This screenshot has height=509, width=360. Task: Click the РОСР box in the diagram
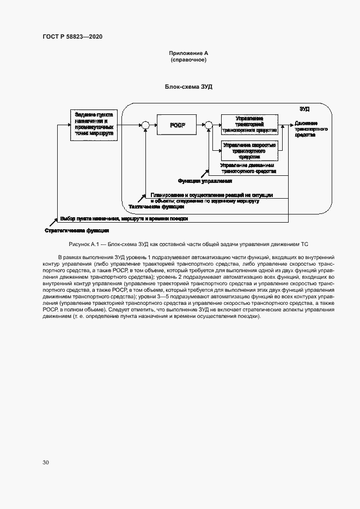pyautogui.click(x=178, y=125)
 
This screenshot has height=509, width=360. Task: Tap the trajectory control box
pyautogui.click(x=249, y=124)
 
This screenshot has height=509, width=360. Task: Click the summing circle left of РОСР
pyautogui.click(x=145, y=126)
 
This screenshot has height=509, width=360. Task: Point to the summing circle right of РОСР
pyautogui.click(x=208, y=126)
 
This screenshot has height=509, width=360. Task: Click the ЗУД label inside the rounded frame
pyautogui.click(x=304, y=109)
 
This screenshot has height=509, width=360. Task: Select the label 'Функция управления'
pyautogui.click(x=205, y=181)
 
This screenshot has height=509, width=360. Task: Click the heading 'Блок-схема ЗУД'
pyautogui.click(x=188, y=87)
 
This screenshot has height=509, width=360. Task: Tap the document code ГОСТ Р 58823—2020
pyautogui.click(x=72, y=36)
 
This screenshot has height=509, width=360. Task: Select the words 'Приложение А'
pyautogui.click(x=188, y=53)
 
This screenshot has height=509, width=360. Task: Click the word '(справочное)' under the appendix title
pyautogui.click(x=188, y=59)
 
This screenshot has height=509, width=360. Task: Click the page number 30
pyautogui.click(x=46, y=462)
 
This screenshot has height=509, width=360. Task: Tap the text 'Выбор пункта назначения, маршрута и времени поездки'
pyautogui.click(x=124, y=219)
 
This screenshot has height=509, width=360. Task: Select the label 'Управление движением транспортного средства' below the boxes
pyautogui.click(x=248, y=168)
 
